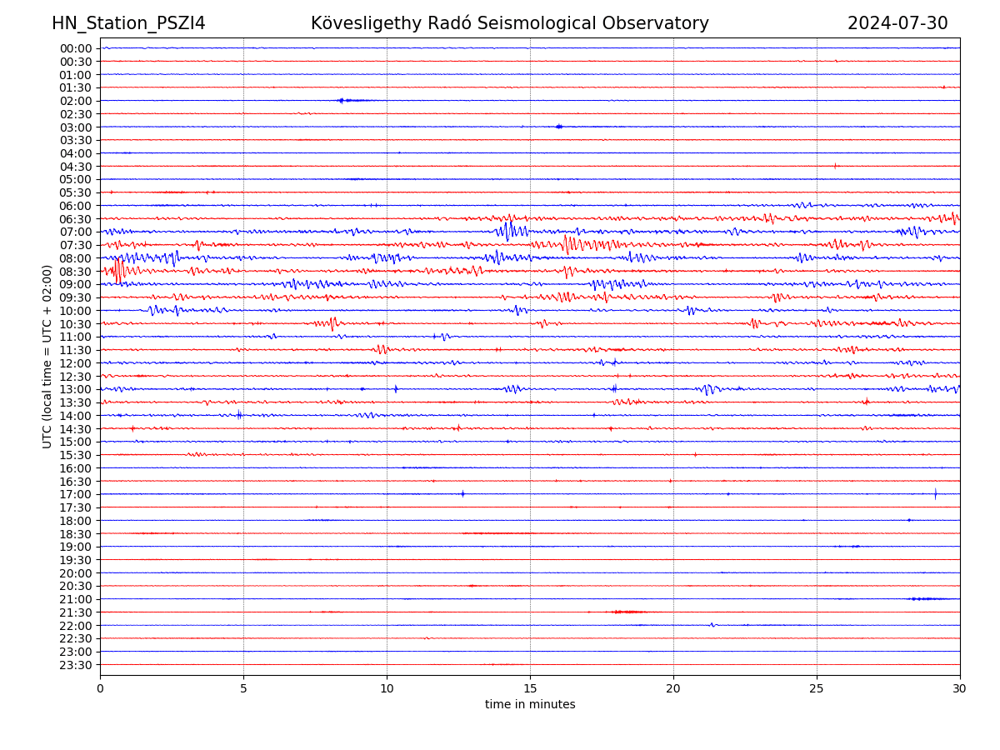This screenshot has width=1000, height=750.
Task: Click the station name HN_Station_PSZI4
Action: (128, 23)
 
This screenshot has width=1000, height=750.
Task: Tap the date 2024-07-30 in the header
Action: (897, 23)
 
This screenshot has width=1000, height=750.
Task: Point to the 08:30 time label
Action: (75, 272)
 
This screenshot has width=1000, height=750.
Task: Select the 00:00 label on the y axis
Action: (75, 48)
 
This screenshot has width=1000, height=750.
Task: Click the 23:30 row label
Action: (75, 665)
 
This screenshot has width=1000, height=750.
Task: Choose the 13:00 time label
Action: (75, 389)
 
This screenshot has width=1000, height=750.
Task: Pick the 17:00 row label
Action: (75, 494)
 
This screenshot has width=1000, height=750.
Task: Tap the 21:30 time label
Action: (75, 612)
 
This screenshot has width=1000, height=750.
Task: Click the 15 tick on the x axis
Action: (530, 689)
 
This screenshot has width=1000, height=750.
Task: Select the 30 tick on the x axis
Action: (960, 689)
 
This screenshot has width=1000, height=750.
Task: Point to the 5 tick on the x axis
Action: (243, 689)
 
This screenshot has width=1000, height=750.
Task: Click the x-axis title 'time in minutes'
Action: (530, 705)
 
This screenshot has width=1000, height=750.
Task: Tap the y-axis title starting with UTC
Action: (47, 356)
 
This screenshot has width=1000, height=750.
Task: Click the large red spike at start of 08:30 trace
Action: (118, 271)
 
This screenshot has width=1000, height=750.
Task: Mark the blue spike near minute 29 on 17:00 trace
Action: (935, 493)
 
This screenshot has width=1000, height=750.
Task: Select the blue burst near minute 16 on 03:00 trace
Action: (559, 127)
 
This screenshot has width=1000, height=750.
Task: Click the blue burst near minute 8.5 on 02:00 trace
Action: (341, 100)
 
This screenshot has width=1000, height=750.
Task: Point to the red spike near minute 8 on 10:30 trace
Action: (332, 323)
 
